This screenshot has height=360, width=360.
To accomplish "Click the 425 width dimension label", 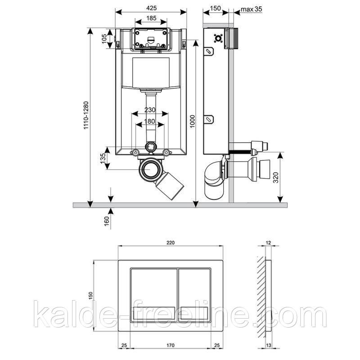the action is click(x=152, y=8).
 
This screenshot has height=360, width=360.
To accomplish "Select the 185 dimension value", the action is click(x=151, y=18).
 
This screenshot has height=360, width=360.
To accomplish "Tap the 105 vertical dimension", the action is click(x=104, y=39).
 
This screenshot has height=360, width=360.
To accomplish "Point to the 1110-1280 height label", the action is click(x=86, y=116).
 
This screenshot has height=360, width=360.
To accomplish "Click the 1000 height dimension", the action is click(x=192, y=121).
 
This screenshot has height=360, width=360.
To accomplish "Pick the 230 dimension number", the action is click(x=150, y=110).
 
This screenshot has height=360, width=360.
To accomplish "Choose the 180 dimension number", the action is click(x=150, y=121).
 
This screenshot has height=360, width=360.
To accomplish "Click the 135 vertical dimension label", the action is click(x=103, y=158).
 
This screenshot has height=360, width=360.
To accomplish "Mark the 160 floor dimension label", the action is click(x=107, y=221).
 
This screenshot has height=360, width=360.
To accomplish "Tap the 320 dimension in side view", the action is click(x=276, y=177).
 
